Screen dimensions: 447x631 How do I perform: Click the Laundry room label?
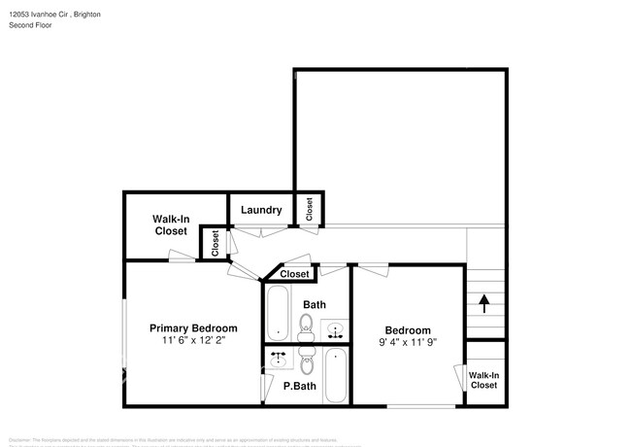[261, 210]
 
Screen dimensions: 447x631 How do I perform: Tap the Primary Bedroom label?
[193, 327]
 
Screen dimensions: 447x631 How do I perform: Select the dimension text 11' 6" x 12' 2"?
[193, 341]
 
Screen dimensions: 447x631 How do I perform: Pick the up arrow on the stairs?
[483, 304]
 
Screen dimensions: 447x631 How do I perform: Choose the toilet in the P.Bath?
[308, 362]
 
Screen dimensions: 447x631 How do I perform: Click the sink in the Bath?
[335, 329]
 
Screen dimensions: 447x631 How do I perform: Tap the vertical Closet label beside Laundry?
[310, 209]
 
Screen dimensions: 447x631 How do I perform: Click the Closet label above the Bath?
[294, 274]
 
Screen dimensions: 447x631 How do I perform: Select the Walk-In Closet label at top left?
[170, 225]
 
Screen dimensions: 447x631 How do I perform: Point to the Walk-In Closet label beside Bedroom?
[482, 379]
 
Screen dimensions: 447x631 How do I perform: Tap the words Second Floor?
[30, 25]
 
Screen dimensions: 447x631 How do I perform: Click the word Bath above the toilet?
[314, 304]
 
